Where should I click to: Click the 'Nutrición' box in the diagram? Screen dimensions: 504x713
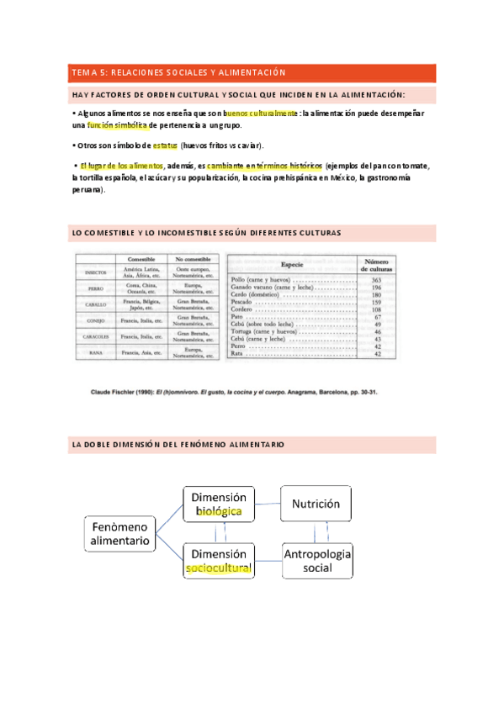coord(316,504)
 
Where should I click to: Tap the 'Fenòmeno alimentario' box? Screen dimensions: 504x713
coord(120,533)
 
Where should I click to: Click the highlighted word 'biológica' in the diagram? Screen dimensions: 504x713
coord(218,511)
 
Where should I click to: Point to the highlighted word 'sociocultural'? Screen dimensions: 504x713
coord(218,568)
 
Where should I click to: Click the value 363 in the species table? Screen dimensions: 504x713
coord(377,280)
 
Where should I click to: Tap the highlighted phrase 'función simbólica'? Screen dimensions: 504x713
coord(117,125)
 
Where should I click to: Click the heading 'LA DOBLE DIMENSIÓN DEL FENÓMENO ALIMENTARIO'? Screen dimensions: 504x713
coord(178,445)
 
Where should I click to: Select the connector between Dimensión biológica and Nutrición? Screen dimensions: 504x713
coord(268,503)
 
